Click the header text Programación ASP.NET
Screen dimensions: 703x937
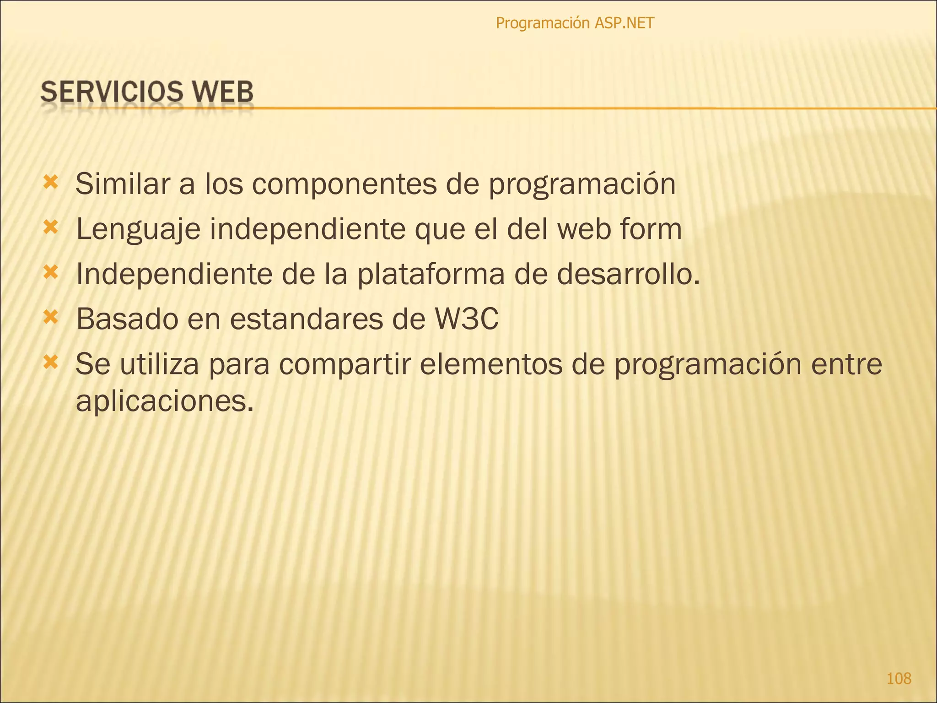click(x=575, y=23)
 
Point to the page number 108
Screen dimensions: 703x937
click(x=899, y=678)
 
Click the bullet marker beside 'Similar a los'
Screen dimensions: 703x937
click(x=50, y=183)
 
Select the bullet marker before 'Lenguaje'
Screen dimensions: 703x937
click(x=50, y=227)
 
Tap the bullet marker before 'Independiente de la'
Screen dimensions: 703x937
click(x=50, y=273)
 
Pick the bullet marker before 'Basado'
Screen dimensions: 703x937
click(x=50, y=317)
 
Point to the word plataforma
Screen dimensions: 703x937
click(x=431, y=275)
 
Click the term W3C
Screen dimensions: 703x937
click(x=466, y=319)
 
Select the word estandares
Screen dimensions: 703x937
click(x=306, y=319)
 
